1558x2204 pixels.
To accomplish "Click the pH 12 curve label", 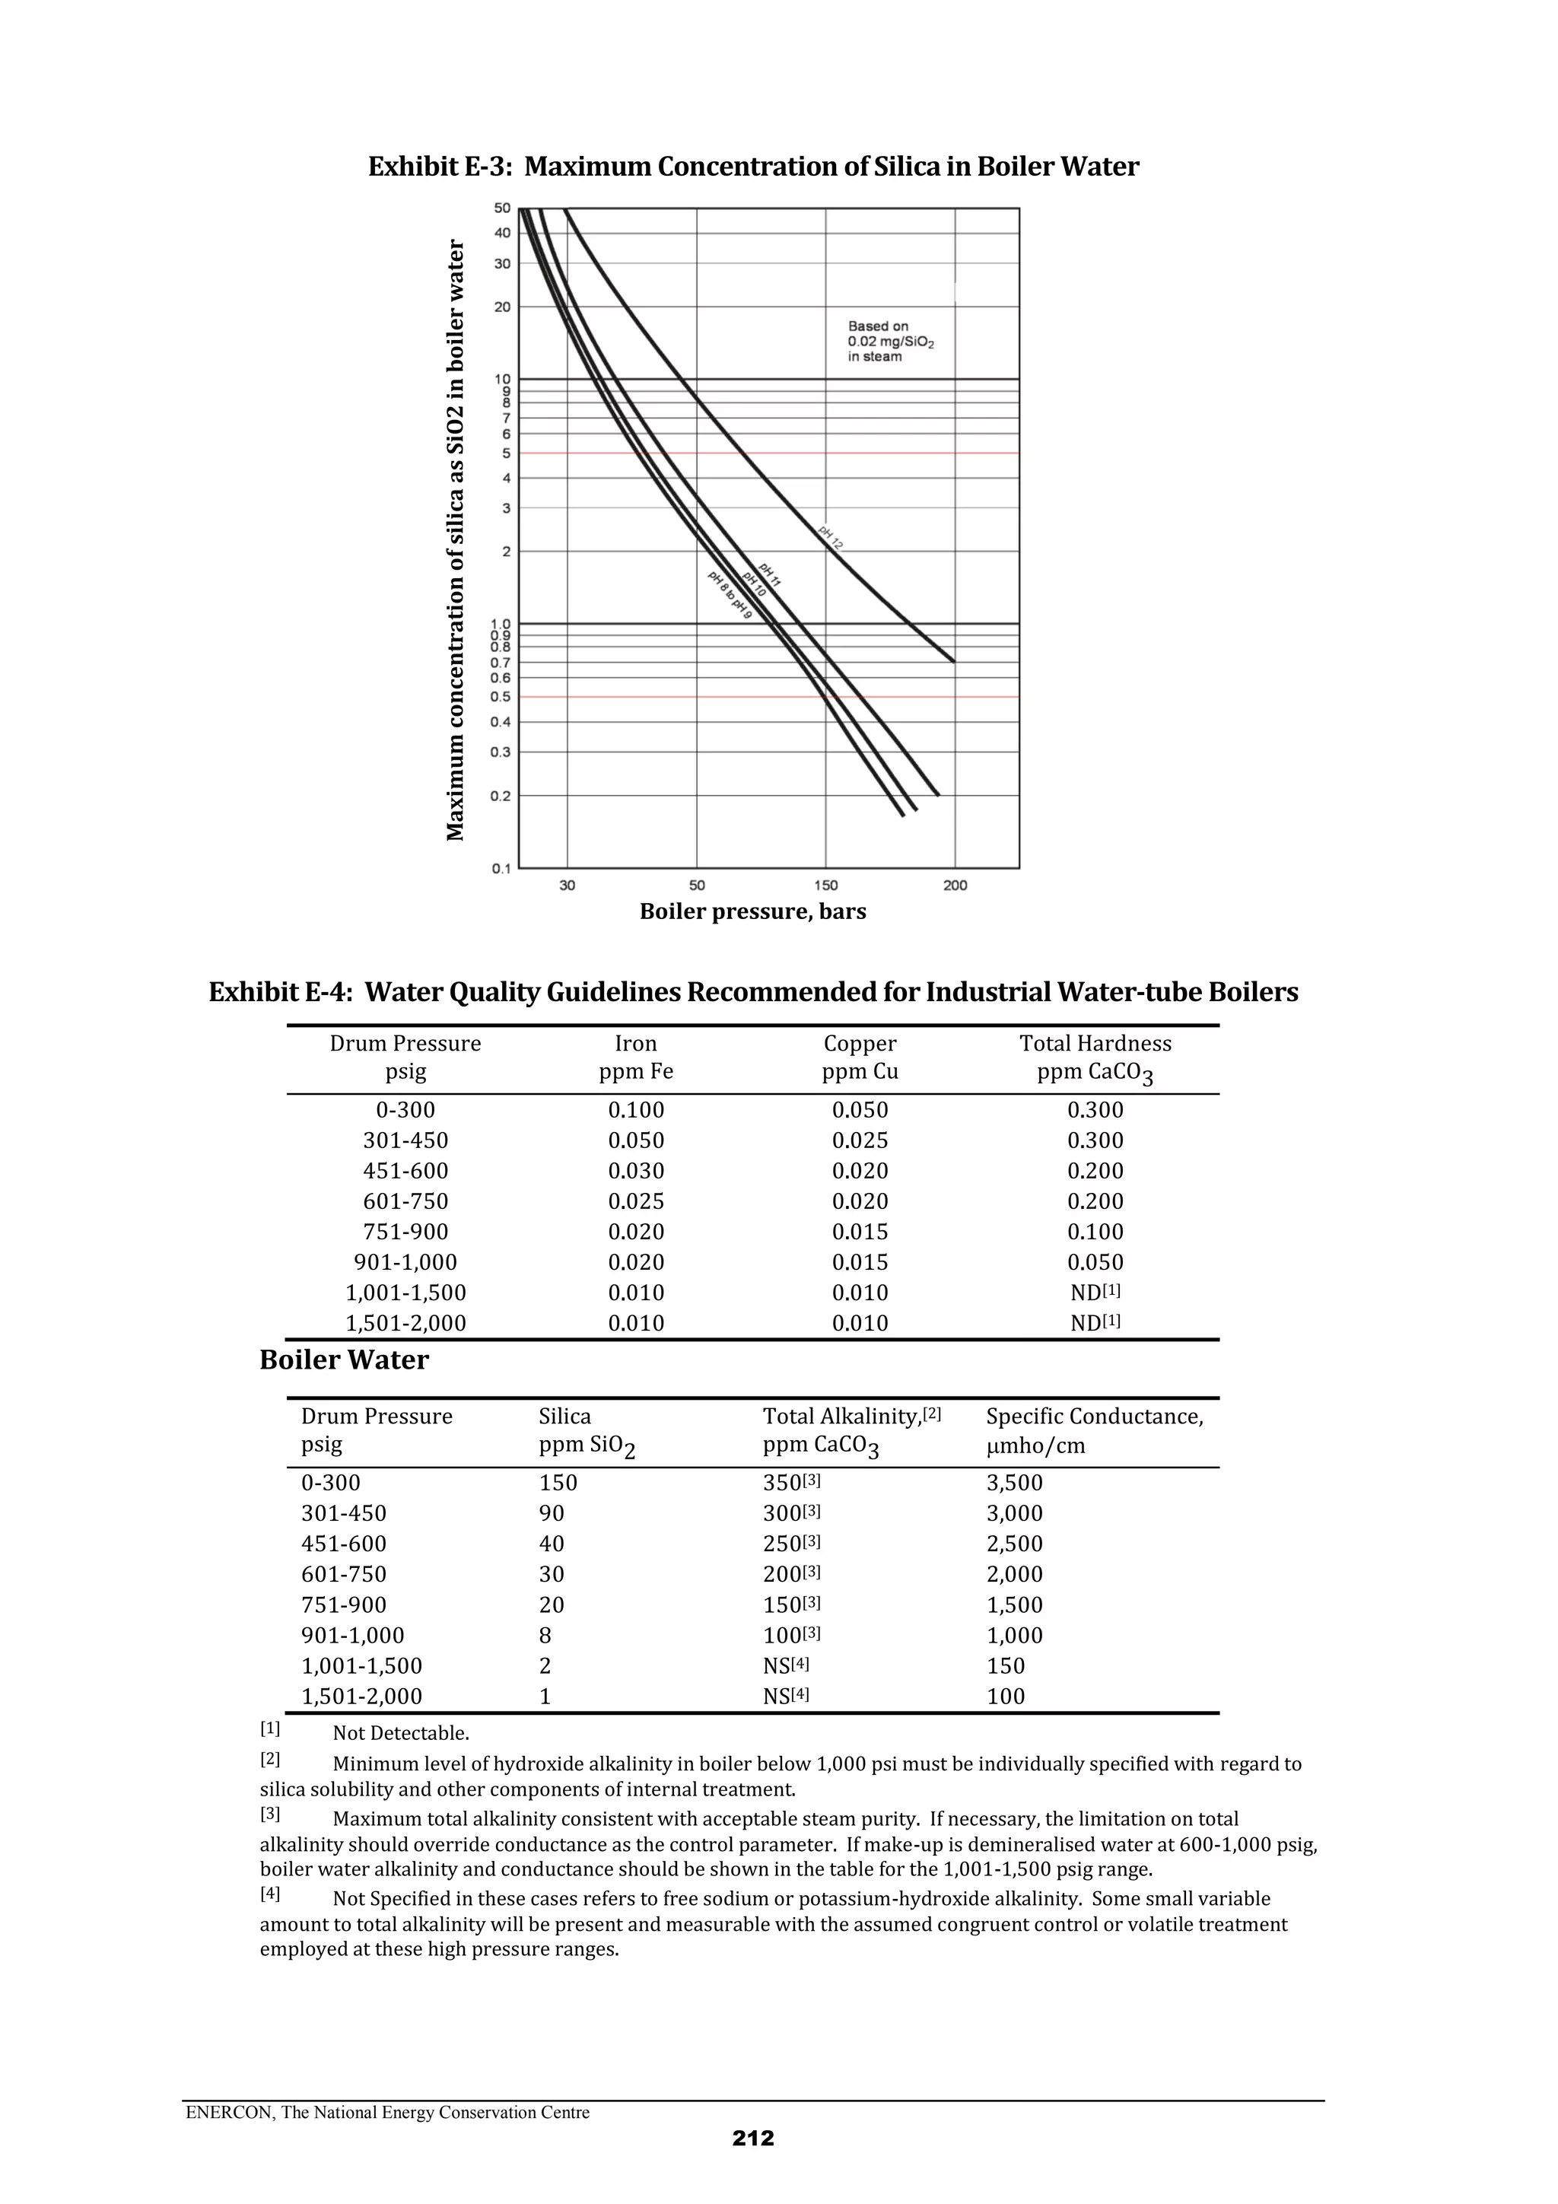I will pos(831,538).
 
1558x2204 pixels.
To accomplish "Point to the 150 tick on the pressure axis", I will pos(825,885).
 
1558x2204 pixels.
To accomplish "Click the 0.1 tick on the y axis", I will pos(501,869).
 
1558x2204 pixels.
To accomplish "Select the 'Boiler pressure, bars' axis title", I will pos(752,912).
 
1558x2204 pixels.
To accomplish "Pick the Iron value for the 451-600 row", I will pos(635,1171).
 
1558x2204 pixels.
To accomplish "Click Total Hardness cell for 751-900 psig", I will pos(1095,1232).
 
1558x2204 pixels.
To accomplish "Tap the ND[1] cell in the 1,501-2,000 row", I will pos(1095,1323).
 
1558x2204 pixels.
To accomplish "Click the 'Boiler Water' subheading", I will pos(344,1360).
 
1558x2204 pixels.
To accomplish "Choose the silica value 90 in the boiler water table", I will pos(552,1514).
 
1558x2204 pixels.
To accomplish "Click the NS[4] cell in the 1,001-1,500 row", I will pos(785,1665).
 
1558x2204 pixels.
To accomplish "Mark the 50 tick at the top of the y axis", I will pos(502,208).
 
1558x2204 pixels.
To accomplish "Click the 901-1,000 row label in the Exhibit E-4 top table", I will pos(405,1262).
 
